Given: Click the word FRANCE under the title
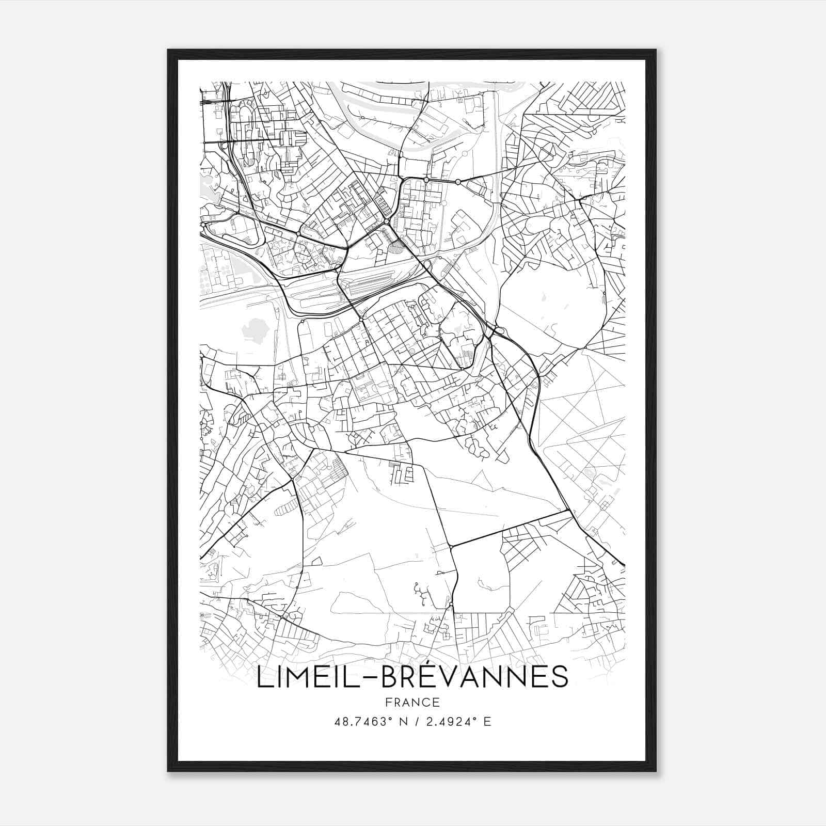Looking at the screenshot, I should click(x=412, y=702).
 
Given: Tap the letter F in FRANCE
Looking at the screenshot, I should click(x=388, y=702).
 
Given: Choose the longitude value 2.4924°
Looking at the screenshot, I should click(x=447, y=722).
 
